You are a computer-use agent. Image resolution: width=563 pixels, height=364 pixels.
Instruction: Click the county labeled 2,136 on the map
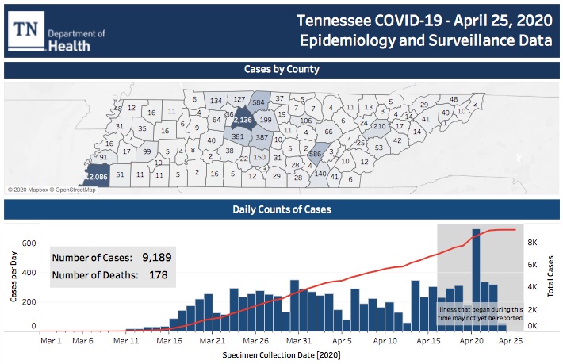(x=243, y=120)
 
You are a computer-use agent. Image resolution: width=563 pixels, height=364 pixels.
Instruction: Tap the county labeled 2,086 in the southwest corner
(x=97, y=176)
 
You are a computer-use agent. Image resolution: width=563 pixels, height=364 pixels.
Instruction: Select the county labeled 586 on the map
(x=315, y=154)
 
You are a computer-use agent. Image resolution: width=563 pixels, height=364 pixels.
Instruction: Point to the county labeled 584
(x=258, y=102)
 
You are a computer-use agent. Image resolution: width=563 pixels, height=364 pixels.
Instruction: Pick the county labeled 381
(x=238, y=136)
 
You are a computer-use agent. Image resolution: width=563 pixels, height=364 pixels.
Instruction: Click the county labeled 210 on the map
(x=380, y=126)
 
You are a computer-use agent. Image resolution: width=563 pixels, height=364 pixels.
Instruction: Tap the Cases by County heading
(x=281, y=70)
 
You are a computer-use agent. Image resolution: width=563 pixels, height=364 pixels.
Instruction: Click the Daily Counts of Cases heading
(x=281, y=210)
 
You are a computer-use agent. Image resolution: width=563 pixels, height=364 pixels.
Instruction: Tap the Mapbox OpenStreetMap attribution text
(x=52, y=190)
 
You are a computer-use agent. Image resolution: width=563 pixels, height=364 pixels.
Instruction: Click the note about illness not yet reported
(x=480, y=313)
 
